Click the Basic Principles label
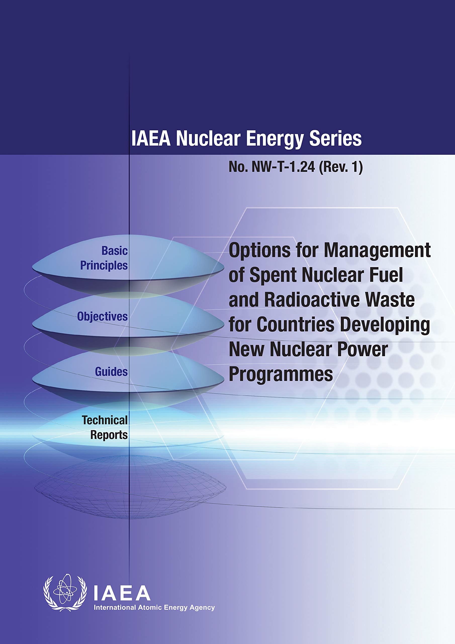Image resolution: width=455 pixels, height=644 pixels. click(x=104, y=258)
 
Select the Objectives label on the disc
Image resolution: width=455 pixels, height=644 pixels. click(x=102, y=317)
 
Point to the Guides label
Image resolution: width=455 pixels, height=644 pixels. click(x=111, y=372)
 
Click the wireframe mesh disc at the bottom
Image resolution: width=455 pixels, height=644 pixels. click(x=130, y=488)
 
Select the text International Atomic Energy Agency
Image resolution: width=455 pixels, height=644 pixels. click(x=154, y=608)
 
